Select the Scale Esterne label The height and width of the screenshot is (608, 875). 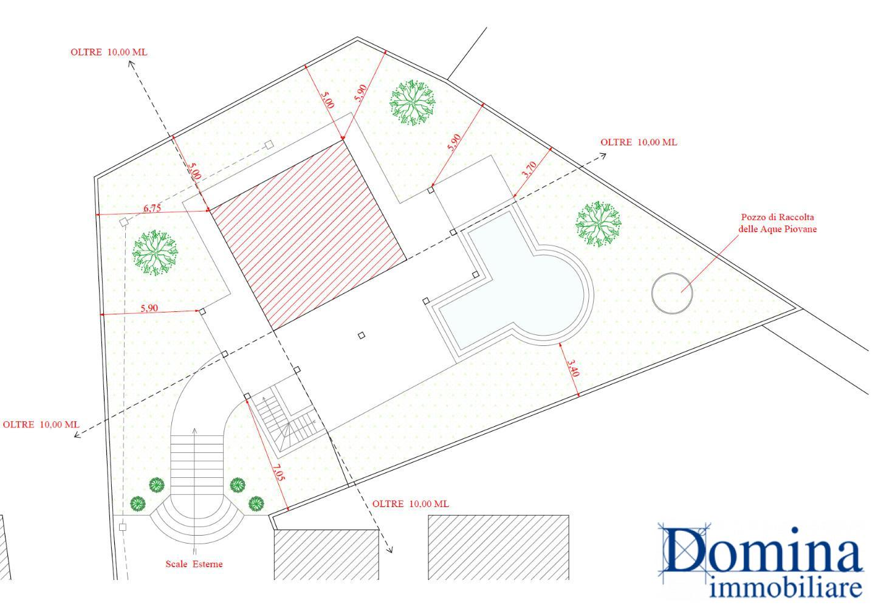[x=194, y=564]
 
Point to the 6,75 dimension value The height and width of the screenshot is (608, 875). [x=152, y=209]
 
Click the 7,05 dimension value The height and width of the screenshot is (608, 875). [x=278, y=472]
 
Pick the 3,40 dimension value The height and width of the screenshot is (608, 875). [x=572, y=368]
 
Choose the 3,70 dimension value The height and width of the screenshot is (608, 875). [x=529, y=170]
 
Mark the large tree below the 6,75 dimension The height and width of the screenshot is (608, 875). [x=155, y=253]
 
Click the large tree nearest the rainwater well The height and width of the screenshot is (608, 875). [x=598, y=224]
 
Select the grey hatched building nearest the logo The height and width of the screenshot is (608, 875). [x=498, y=547]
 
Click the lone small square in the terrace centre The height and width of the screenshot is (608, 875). [x=362, y=335]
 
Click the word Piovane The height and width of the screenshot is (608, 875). [x=801, y=229]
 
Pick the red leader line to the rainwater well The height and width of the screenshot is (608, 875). [x=711, y=263]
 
